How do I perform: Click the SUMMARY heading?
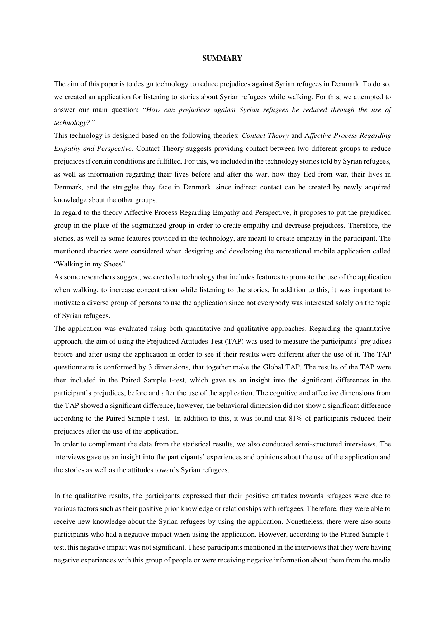point(222,58)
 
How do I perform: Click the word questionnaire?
point(73,367)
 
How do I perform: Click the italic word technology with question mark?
point(74,123)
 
